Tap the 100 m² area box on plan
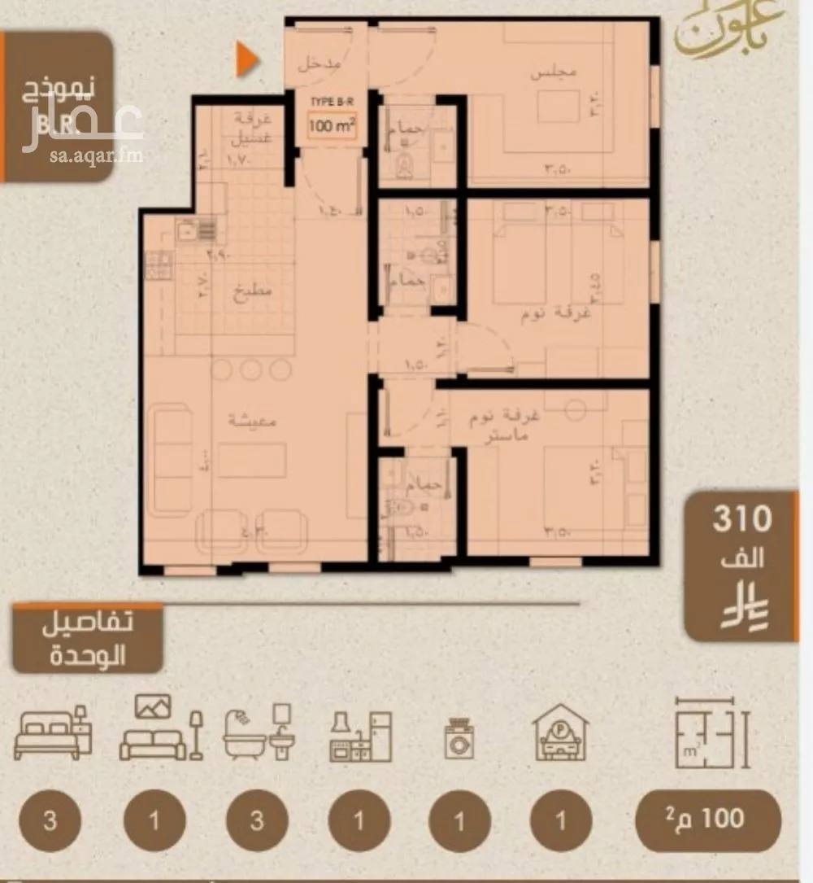click(331, 127)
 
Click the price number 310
click(741, 519)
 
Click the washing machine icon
click(459, 737)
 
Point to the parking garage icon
click(561, 736)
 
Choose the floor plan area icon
click(711, 732)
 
